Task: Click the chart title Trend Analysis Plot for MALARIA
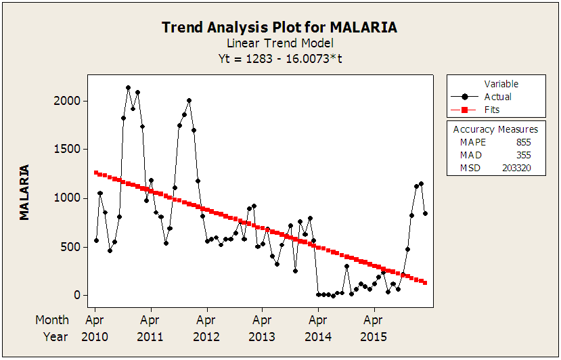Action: point(279,27)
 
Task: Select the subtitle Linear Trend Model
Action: point(279,43)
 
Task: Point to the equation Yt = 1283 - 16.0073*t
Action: point(279,58)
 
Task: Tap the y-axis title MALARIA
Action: point(24,192)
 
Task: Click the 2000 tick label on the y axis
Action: point(68,101)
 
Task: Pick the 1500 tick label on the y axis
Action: point(68,150)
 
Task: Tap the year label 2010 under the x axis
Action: point(95,336)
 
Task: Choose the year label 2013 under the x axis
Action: point(262,336)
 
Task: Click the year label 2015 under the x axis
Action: point(374,336)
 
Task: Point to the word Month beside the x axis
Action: point(52,320)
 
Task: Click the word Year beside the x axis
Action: point(55,336)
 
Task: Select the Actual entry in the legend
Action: point(497,97)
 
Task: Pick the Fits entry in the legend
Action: point(491,110)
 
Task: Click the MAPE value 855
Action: point(522,143)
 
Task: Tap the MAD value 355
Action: point(522,155)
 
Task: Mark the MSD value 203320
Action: point(516,168)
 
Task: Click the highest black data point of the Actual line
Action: point(128,87)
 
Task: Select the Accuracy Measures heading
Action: point(495,129)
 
